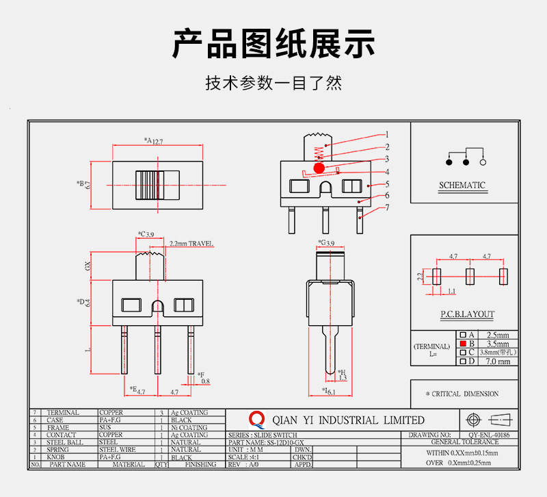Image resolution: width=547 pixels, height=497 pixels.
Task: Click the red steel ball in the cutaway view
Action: [x=319, y=168]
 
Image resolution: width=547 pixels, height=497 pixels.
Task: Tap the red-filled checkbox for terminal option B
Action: [x=462, y=344]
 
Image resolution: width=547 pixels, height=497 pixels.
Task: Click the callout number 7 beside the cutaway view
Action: [x=387, y=207]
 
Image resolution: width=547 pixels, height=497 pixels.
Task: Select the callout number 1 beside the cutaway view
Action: [x=387, y=135]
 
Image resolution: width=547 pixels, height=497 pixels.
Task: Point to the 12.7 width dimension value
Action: [x=158, y=141]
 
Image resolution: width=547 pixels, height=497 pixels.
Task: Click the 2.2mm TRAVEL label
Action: [x=191, y=243]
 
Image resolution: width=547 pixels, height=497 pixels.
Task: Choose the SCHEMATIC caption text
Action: [x=462, y=186]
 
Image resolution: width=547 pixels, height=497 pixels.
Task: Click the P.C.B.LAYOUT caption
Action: [x=468, y=314]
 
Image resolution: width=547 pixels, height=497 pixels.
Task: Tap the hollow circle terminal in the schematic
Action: [x=483, y=163]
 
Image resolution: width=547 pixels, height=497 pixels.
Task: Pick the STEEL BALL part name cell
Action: [x=65, y=442]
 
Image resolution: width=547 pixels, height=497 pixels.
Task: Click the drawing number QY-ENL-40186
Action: [x=493, y=435]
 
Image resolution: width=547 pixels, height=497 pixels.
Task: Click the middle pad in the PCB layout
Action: [x=470, y=276]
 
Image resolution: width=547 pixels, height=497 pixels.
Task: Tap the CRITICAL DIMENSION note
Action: [x=462, y=394]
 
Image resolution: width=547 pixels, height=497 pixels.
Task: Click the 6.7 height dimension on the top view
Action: [x=88, y=186]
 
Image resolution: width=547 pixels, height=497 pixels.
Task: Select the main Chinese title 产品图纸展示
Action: [x=273, y=44]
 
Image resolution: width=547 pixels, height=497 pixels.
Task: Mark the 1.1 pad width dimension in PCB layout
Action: [x=451, y=291]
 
